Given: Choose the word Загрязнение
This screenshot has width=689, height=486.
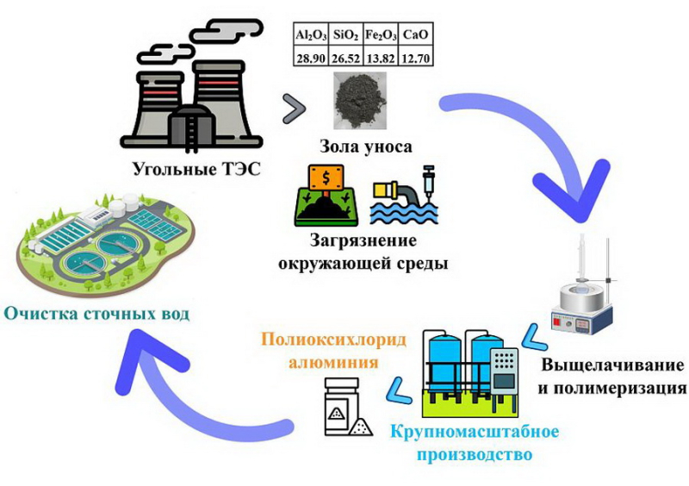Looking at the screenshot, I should click(363, 241).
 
